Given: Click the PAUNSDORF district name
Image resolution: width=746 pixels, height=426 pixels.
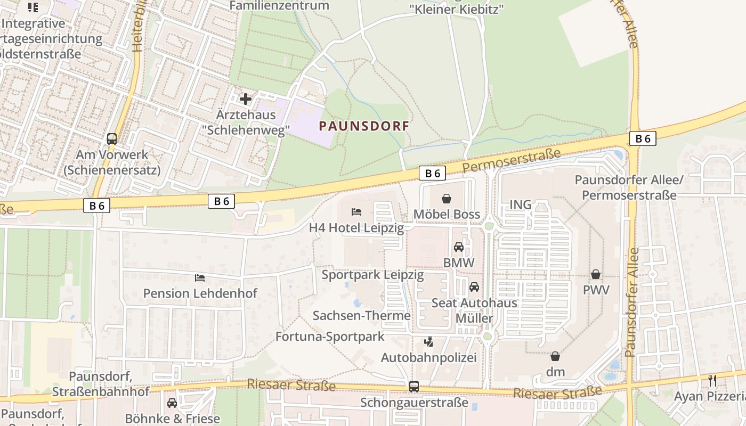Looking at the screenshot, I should (364, 126).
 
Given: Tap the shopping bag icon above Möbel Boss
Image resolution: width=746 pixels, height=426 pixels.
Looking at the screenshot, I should (447, 199).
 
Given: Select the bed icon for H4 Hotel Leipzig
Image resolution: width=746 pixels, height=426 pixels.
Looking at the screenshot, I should (356, 212).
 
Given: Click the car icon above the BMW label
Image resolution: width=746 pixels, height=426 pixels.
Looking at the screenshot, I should (458, 247).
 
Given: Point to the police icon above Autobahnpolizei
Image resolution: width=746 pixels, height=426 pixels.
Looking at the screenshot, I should (428, 342).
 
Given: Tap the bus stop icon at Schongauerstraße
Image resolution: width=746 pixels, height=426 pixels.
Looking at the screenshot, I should (414, 387).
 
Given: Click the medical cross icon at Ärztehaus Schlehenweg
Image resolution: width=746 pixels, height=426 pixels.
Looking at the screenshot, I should (246, 99).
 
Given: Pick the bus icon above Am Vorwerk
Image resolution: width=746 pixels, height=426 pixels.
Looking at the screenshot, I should (112, 139).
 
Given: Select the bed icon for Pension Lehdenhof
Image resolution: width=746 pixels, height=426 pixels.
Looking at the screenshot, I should (200, 277).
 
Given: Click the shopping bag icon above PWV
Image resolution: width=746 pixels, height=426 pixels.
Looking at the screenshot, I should (596, 274).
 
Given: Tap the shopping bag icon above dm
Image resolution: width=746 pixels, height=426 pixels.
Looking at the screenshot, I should (555, 356).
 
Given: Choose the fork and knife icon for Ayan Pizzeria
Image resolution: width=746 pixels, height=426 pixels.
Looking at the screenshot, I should (712, 381).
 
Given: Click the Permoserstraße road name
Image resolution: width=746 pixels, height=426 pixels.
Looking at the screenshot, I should (512, 160).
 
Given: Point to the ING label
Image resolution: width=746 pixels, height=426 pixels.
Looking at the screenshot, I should (521, 204).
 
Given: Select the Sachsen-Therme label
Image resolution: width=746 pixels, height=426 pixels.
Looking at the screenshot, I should (361, 315).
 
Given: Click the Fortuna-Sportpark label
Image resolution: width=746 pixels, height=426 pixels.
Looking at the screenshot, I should (329, 337).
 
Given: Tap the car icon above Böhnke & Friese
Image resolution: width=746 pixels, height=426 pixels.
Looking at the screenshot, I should (172, 403).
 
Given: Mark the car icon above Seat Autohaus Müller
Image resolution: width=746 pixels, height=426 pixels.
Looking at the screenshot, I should (474, 288).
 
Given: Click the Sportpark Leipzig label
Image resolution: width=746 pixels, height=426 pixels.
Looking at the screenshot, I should (372, 275).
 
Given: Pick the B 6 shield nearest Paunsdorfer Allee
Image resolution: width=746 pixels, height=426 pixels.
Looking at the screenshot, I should (642, 138).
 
